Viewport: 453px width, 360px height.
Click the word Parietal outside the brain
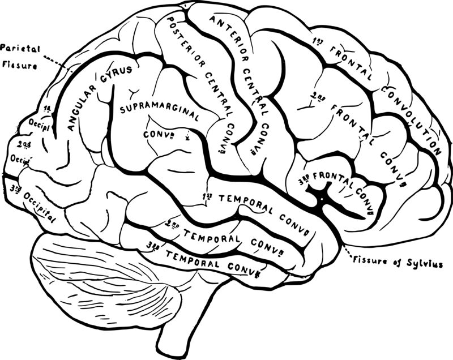click(x=18, y=48)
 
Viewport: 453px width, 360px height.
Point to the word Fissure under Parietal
click(x=19, y=65)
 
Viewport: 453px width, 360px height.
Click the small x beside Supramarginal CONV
click(x=187, y=136)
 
